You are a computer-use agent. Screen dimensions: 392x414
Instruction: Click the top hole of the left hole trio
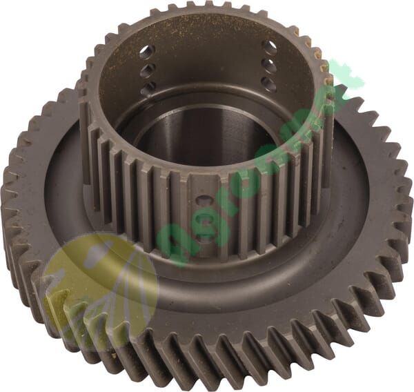pyautogui.click(x=146, y=52)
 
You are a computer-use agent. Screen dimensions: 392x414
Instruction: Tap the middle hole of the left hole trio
pyautogui.click(x=148, y=70)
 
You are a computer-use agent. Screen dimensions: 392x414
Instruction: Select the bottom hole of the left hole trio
pyautogui.click(x=149, y=88)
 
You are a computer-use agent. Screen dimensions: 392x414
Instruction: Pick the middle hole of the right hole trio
pyautogui.click(x=269, y=66)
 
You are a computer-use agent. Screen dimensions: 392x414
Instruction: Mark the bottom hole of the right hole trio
pyautogui.click(x=268, y=84)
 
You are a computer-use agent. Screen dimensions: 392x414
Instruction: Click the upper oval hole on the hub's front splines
pyautogui.click(x=205, y=202)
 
